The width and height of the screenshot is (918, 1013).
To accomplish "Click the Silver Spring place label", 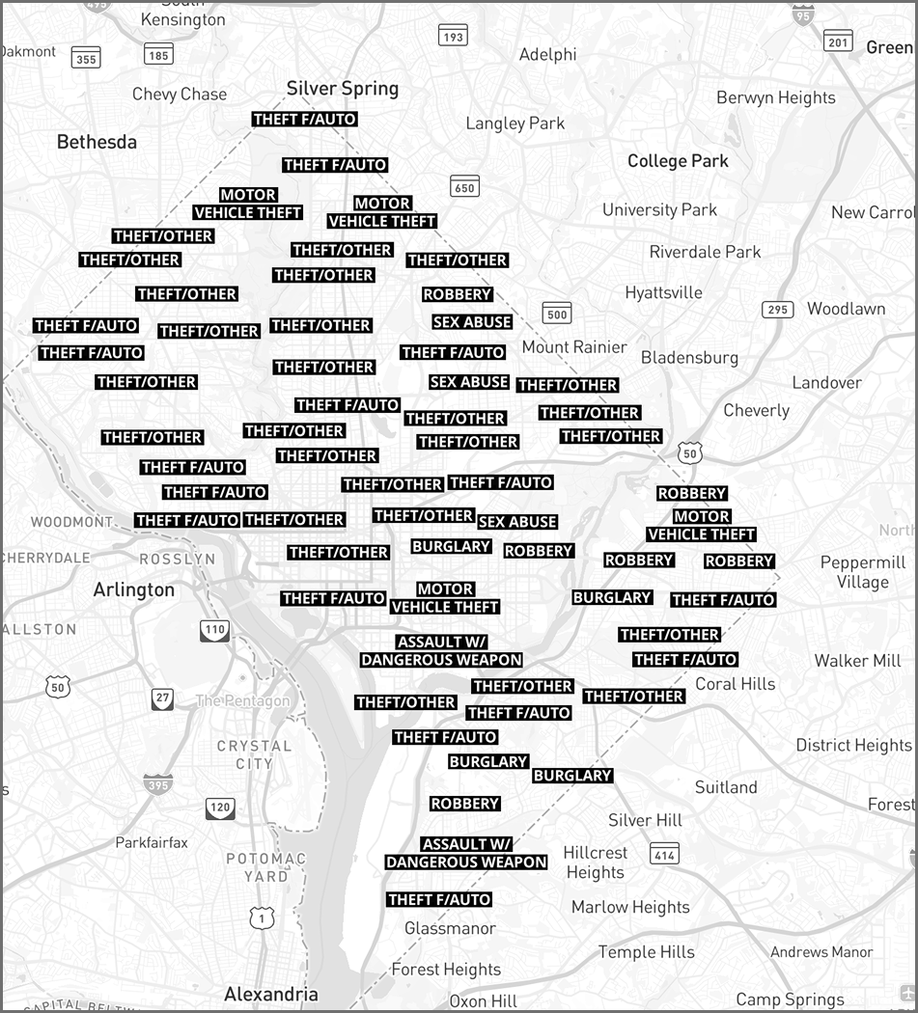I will click(343, 89).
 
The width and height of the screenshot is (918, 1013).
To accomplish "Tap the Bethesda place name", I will click(97, 142).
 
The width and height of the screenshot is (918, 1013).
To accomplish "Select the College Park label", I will click(678, 161).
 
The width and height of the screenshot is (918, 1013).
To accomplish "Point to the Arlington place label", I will click(134, 589).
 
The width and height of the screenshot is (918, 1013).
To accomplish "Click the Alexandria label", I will click(271, 994).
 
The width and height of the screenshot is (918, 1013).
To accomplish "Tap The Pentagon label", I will click(242, 701).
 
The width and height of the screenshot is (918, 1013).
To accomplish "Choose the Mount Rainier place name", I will click(574, 347).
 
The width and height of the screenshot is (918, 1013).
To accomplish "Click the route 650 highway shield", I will click(464, 187).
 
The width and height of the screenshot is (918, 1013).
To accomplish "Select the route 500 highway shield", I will click(557, 314).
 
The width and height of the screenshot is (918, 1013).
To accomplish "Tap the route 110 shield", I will click(214, 631).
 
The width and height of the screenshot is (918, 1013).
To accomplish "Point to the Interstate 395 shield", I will click(158, 783).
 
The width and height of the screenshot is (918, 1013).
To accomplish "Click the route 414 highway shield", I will click(664, 854).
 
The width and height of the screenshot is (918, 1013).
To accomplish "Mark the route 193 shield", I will click(452, 37).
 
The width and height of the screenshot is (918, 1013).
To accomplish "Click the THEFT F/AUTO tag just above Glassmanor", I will click(439, 900).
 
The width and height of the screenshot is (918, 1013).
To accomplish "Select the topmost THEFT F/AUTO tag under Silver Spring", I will click(304, 120).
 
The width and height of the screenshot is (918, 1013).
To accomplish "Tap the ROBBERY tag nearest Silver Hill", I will click(465, 804).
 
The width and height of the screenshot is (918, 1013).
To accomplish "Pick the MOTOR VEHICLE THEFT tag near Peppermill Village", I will click(702, 526).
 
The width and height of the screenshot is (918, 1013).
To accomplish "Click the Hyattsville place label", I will click(663, 292).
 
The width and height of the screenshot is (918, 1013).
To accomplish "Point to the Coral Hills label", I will click(735, 684).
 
